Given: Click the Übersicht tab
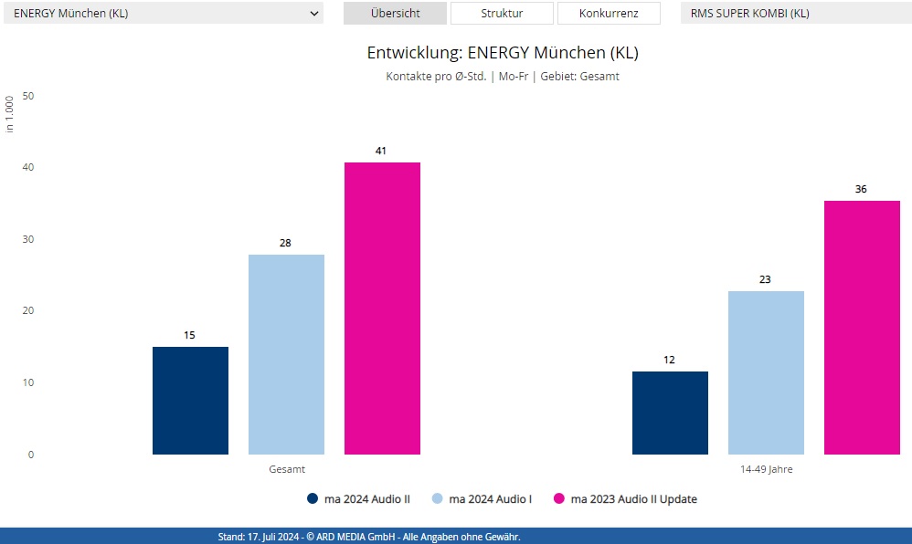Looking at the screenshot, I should (395, 14).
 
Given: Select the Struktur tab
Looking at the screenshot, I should (502, 14).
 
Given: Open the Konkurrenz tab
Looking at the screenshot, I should (608, 14).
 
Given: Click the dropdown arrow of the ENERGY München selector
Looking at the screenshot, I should (314, 14).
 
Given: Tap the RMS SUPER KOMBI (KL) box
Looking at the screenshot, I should (795, 14).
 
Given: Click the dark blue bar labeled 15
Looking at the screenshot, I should (190, 401).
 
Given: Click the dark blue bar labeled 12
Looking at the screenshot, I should (670, 413).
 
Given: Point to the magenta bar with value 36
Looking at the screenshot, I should (862, 328).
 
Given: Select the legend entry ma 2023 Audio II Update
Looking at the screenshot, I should (625, 499).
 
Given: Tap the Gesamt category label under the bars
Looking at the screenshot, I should (286, 469).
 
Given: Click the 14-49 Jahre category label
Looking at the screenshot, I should (766, 469).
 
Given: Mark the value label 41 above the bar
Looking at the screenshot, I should (381, 151).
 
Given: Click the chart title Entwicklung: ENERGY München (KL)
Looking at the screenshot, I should (503, 52).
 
